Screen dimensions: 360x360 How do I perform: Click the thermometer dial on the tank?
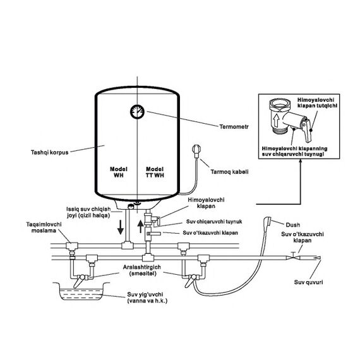pyautogui.click(x=137, y=112)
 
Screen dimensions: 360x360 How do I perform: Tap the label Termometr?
pyautogui.click(x=234, y=127)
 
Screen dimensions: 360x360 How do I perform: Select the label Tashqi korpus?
pyautogui.click(x=50, y=152)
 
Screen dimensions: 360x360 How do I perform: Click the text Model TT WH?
pyautogui.click(x=155, y=172)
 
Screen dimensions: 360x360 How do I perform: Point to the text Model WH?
pyautogui.click(x=119, y=172)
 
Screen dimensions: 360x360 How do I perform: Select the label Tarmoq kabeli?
pyautogui.click(x=230, y=172)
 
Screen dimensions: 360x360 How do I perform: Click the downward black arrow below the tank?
pyautogui.click(x=121, y=227)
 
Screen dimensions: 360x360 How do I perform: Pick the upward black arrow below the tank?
pyautogui.click(x=140, y=226)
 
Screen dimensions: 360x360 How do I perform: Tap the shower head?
pyautogui.click(x=268, y=221)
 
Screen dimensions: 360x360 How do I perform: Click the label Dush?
pyautogui.click(x=292, y=225)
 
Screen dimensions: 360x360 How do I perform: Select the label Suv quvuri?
pyautogui.click(x=308, y=282)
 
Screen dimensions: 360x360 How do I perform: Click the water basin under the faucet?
pyautogui.click(x=80, y=292)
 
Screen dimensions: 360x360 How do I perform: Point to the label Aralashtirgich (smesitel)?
pyautogui.click(x=142, y=270)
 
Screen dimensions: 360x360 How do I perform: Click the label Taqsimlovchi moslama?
pyautogui.click(x=44, y=227)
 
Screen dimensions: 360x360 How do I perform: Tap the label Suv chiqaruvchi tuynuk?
pyautogui.click(x=214, y=222)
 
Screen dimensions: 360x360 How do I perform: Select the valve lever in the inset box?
pyautogui.click(x=306, y=129)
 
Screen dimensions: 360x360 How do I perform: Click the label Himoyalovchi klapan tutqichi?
pyautogui.click(x=317, y=102)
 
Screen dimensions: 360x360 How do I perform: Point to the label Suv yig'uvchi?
pyautogui.click(x=145, y=294)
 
